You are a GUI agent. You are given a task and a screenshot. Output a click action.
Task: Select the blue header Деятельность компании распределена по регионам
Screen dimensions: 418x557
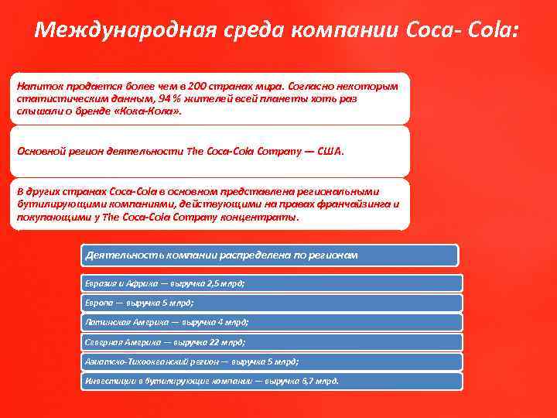point(221,255)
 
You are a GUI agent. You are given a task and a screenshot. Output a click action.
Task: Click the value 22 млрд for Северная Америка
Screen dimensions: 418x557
point(220,341)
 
